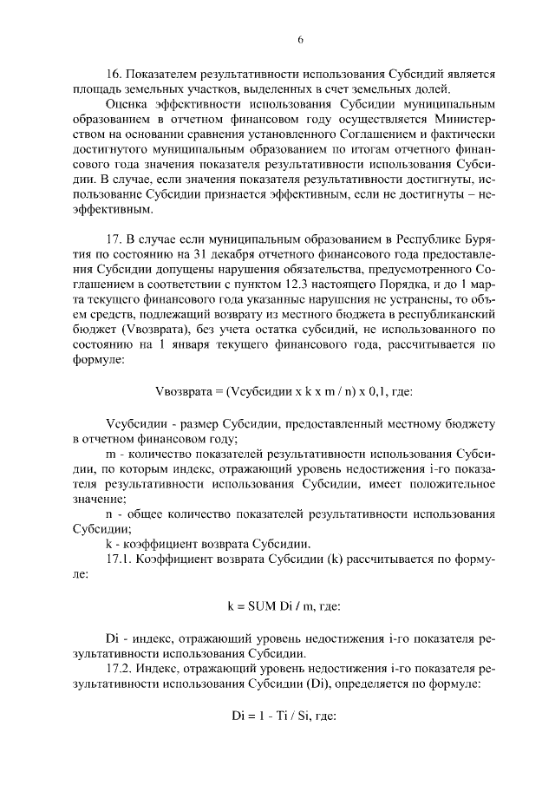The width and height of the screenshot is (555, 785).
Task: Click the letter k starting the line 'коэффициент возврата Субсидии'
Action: point(108,544)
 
